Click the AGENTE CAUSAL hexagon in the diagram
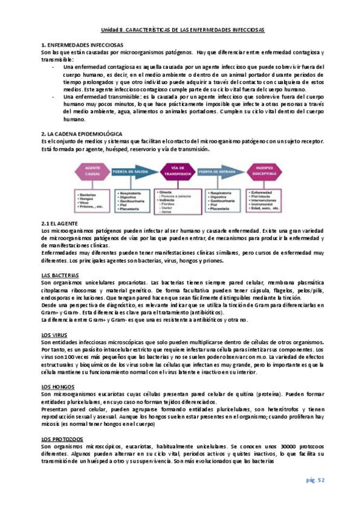click(92, 172)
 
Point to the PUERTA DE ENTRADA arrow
click(224, 172)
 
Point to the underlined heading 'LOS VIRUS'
click(54, 335)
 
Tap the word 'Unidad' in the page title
click(110, 29)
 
